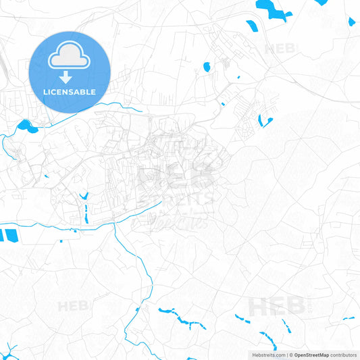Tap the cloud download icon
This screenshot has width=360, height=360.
coord(70,59)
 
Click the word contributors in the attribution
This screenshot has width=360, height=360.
coord(343,355)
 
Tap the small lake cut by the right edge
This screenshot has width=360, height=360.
coord(351,22)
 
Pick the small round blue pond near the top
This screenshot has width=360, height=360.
coord(207,67)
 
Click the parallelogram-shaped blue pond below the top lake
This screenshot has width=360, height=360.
coord(251,26)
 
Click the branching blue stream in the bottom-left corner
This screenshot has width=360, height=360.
coord(9,349)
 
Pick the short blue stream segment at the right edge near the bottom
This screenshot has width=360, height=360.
coord(349,317)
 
